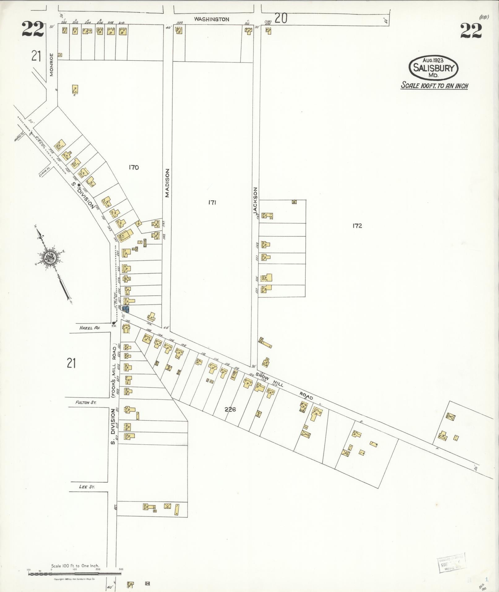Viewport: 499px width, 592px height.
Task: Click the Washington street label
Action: click(212, 19)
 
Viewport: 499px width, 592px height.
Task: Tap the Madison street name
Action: click(167, 183)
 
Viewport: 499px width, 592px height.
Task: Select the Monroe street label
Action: click(52, 65)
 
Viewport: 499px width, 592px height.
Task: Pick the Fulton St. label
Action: click(86, 403)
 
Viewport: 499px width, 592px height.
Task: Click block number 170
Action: click(134, 167)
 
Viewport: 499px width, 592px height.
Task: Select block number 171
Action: click(212, 202)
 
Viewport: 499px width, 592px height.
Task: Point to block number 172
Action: click(357, 226)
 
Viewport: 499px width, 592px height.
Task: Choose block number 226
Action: click(230, 409)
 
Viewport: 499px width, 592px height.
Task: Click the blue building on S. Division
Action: click(126, 309)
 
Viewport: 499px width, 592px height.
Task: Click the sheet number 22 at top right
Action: click(471, 31)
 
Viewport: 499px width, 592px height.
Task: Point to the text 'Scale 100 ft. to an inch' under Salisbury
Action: click(434, 85)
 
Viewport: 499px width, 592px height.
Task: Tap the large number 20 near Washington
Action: click(281, 19)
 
